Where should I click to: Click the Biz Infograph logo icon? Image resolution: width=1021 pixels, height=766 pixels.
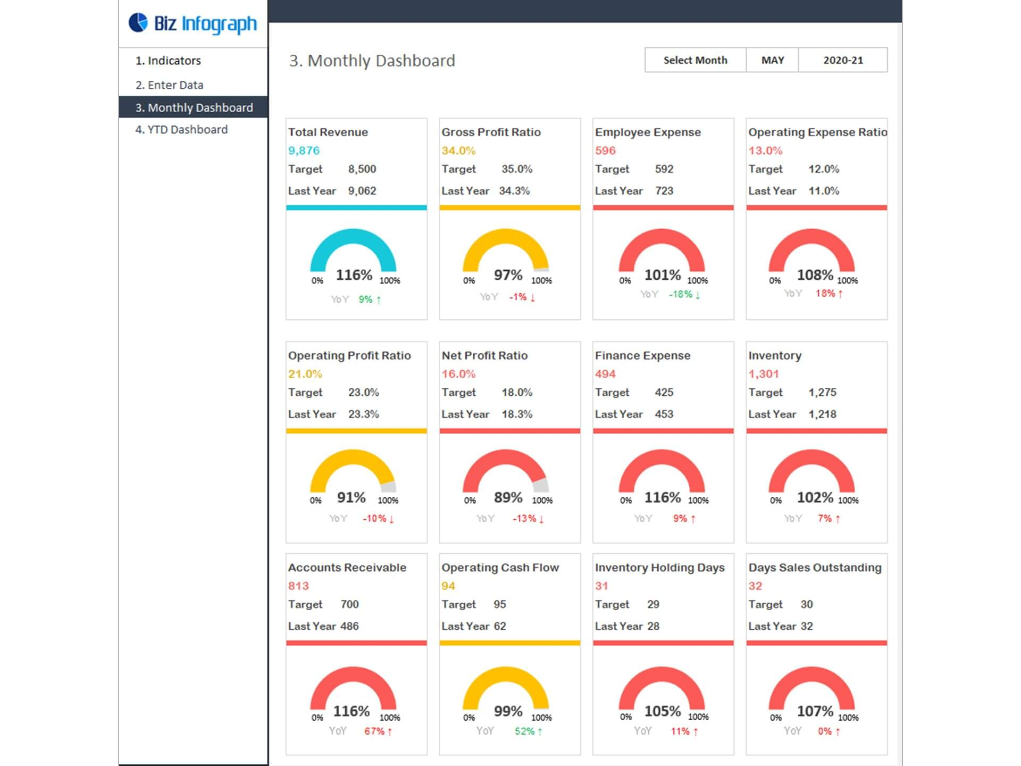138,23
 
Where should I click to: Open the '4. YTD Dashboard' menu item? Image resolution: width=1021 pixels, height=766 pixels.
181,130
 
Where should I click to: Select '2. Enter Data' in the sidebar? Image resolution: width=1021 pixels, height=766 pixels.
169,85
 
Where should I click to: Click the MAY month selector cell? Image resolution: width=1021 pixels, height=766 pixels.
772,60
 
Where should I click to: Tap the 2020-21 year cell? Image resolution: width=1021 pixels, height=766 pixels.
843,60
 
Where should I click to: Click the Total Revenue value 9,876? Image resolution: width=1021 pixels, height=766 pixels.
304,151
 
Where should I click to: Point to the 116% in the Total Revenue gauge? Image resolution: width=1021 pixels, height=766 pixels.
354,275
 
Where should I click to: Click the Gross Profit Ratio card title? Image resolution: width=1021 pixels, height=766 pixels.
491,132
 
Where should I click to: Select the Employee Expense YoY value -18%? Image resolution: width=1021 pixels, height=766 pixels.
681,294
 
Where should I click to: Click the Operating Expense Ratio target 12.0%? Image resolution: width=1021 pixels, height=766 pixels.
823,169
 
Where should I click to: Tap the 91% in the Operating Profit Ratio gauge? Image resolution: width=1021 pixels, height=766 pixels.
351,497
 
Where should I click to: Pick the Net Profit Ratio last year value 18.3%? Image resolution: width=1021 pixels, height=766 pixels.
516,414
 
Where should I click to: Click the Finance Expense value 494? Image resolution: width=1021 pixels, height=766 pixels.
605,374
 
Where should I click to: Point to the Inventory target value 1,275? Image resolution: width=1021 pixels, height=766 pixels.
822,393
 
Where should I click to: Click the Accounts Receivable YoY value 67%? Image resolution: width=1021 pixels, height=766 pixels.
374,731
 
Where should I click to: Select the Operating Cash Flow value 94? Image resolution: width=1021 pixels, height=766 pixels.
448,586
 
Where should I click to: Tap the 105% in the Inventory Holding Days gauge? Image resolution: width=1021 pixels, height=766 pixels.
663,711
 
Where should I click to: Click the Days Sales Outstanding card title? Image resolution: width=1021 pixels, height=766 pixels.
815,568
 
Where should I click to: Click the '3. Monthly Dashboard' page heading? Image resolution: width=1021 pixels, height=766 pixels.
372,61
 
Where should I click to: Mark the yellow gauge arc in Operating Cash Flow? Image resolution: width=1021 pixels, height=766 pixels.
505,674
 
